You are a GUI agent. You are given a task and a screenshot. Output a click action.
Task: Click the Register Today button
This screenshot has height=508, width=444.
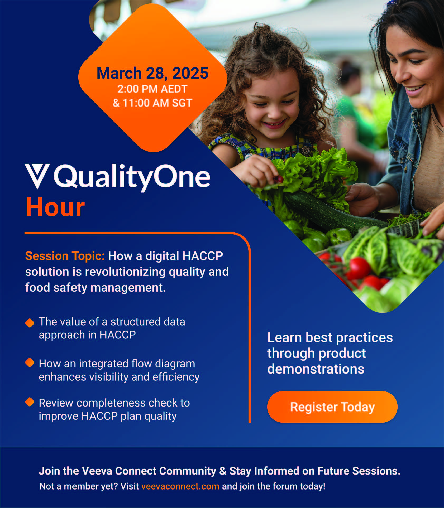tap(332, 407)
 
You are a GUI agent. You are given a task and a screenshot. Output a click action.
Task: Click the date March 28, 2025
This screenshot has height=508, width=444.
tap(152, 73)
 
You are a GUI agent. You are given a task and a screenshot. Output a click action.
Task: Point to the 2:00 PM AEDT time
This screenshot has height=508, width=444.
tap(152, 89)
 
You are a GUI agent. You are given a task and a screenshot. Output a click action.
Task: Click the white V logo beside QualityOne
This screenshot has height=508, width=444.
tap(37, 176)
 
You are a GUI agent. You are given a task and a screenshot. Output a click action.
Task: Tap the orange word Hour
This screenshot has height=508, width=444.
tap(55, 207)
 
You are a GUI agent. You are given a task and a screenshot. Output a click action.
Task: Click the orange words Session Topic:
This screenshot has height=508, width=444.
tap(65, 256)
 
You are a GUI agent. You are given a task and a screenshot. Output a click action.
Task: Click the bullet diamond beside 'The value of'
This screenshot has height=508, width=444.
tap(30, 323)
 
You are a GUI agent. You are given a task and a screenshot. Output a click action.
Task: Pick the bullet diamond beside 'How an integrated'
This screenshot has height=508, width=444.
tap(30, 362)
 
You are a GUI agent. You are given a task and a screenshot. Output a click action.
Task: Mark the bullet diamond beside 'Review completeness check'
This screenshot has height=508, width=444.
tap(30, 402)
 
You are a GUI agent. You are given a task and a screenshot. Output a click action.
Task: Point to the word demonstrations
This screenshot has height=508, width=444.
tap(316, 369)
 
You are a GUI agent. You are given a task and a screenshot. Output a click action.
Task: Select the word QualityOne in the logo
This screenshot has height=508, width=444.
tap(132, 177)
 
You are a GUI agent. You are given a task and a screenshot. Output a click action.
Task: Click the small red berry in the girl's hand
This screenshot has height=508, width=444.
tap(278, 180)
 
